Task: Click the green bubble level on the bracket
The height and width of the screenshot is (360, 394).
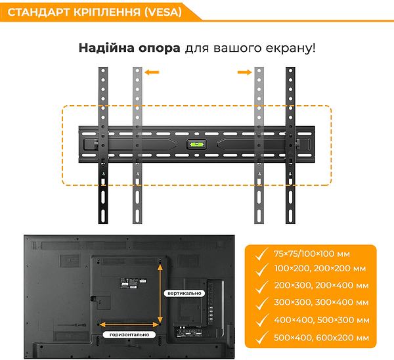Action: pyautogui.click(x=196, y=144)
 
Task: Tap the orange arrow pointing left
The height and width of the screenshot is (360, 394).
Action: pyautogui.click(x=152, y=74)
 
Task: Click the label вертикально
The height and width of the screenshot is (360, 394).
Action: pyautogui.click(x=184, y=293)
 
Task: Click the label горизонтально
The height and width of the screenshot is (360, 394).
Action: pyautogui.click(x=129, y=334)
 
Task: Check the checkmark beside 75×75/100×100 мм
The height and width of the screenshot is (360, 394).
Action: pyautogui.click(x=261, y=253)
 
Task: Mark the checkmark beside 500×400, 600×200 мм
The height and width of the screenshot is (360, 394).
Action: pyautogui.click(x=261, y=337)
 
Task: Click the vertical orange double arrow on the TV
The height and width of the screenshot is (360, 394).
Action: pyautogui.click(x=160, y=292)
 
